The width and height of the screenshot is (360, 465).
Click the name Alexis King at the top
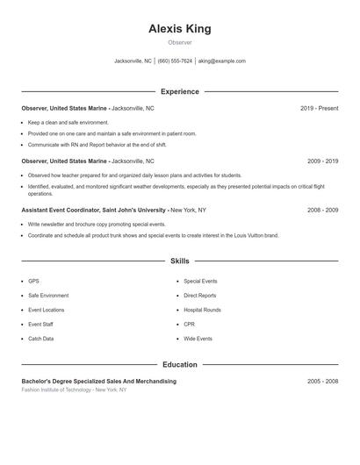tap(180, 29)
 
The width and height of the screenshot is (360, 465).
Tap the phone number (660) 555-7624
tap(175, 61)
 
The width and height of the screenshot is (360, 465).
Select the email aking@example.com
tap(222, 61)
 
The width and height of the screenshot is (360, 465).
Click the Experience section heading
tap(180, 91)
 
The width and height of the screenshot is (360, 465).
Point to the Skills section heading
tap(180, 261)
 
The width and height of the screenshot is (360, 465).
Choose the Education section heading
tap(180, 364)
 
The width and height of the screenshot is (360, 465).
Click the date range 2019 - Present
tap(319, 108)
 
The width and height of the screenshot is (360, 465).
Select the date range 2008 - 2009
tap(322, 211)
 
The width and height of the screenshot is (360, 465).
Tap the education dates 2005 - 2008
tap(322, 382)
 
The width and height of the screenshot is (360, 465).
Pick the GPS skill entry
tap(33, 282)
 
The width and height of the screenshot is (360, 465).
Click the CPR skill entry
tap(189, 325)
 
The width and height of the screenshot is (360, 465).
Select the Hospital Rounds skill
tap(202, 310)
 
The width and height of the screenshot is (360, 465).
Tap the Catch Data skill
tap(40, 339)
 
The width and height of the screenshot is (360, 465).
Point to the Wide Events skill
tap(198, 339)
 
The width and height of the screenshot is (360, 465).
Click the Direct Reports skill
tap(200, 296)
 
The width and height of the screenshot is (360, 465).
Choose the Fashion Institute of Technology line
tap(74, 390)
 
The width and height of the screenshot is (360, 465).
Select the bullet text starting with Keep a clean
tap(68, 122)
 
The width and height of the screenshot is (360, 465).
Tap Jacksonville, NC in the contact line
tap(133, 61)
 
